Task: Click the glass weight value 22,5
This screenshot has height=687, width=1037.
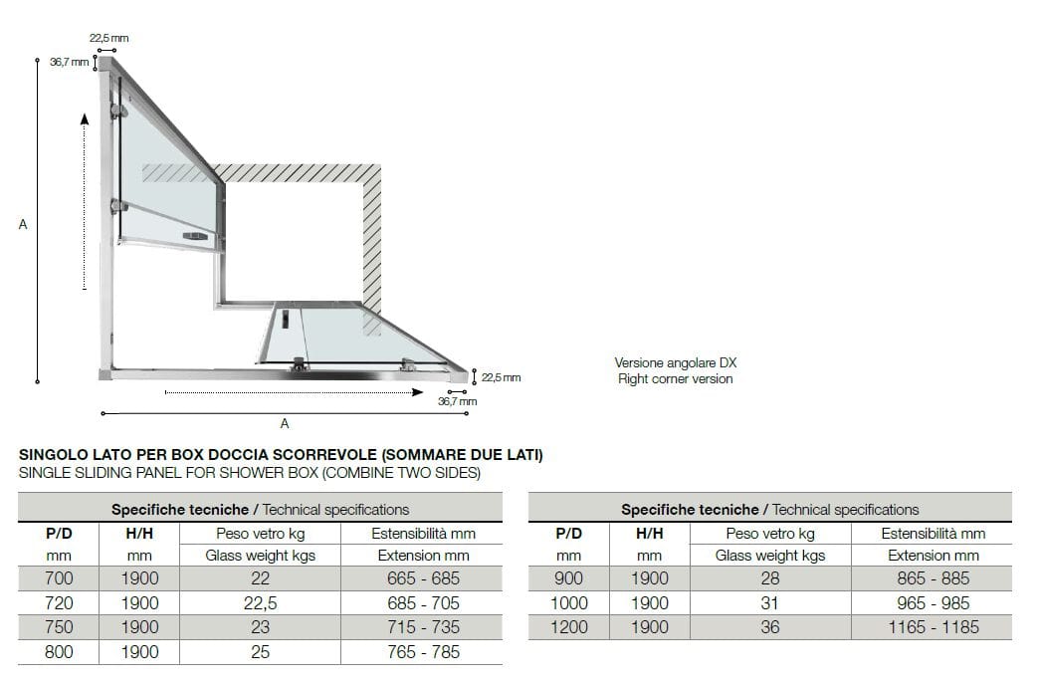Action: pyautogui.click(x=260, y=602)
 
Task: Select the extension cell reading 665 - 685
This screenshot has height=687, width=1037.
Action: pyautogui.click(x=423, y=578)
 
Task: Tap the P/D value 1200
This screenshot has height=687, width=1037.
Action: pyautogui.click(x=568, y=627)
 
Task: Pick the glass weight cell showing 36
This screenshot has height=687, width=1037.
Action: pyautogui.click(x=769, y=627)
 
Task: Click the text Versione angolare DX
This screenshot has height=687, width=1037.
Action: pyautogui.click(x=675, y=363)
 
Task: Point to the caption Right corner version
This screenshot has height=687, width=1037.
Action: pyautogui.click(x=675, y=379)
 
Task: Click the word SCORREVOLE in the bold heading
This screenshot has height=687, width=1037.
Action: pyautogui.click(x=327, y=456)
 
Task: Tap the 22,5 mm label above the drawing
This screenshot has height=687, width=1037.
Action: pyautogui.click(x=109, y=38)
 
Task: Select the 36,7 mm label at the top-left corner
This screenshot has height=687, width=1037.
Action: pyautogui.click(x=69, y=62)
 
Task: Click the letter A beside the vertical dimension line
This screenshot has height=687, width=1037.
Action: pyautogui.click(x=23, y=225)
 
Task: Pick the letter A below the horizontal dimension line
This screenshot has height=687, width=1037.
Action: pyautogui.click(x=285, y=424)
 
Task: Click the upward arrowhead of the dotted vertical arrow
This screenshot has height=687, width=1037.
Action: pyautogui.click(x=85, y=119)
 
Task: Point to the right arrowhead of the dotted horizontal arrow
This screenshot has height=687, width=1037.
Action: pyautogui.click(x=418, y=392)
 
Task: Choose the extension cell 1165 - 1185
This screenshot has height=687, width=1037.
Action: pyautogui.click(x=933, y=627)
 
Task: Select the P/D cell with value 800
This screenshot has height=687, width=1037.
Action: pyautogui.click(x=60, y=652)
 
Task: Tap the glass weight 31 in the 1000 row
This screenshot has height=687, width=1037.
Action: pyautogui.click(x=769, y=603)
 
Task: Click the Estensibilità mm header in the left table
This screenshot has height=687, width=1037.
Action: pyautogui.click(x=423, y=534)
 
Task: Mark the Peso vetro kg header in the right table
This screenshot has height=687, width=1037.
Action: pyautogui.click(x=769, y=534)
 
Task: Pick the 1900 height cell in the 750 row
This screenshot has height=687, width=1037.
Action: pyautogui.click(x=139, y=627)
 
